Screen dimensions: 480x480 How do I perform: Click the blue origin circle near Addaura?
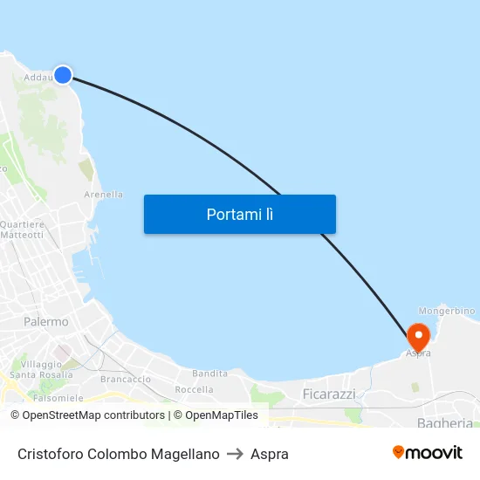coord(63,75)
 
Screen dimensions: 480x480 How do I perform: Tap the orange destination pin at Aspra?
coord(418,336)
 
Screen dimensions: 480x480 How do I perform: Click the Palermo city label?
coord(46,322)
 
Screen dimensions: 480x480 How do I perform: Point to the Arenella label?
coord(103,195)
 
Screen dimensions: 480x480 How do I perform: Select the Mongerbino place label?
coord(447,311)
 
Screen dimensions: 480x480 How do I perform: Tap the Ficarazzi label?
coord(329,394)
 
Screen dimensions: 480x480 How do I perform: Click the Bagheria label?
coord(445,423)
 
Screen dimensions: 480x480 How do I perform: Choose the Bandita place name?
coord(209,374)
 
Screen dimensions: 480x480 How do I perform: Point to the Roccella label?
coord(194,389)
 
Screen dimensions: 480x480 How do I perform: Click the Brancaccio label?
coord(126,380)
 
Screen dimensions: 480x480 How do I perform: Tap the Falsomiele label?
coord(58,397)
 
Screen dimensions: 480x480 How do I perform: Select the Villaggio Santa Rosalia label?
coord(41,369)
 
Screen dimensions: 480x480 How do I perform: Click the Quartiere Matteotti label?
coord(23,230)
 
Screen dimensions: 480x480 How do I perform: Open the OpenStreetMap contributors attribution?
coord(94,415)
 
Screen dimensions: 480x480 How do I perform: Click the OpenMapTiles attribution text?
coord(216,415)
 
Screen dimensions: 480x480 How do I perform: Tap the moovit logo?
coord(428,453)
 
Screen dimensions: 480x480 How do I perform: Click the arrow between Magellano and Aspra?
coord(235,454)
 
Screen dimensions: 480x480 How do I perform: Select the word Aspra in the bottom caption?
coord(270,454)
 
